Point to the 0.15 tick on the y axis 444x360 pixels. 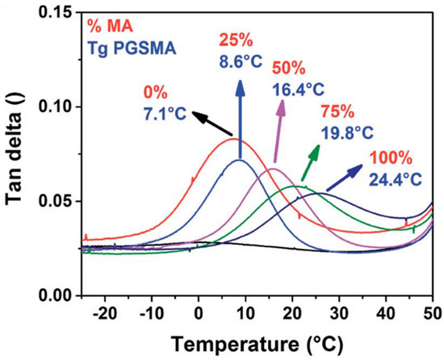56,13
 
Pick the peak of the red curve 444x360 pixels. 233,139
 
